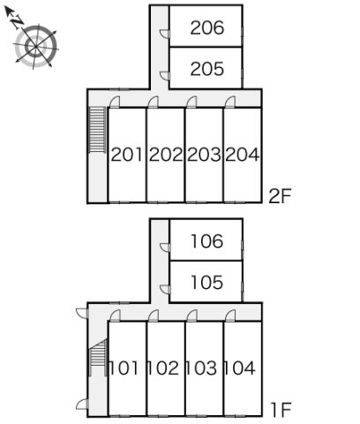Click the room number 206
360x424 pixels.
point(207,28)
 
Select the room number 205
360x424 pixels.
point(207,69)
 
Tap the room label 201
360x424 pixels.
point(127,155)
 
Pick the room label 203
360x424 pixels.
point(204,155)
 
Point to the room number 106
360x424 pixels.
point(207,241)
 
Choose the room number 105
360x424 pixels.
point(207,282)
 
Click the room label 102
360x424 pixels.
point(162,368)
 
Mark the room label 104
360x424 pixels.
point(239,368)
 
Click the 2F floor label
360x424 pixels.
point(280,196)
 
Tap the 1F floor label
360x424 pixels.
point(281,410)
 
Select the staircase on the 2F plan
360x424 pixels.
point(97,130)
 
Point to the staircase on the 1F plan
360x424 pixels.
point(98,357)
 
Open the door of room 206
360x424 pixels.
point(165,34)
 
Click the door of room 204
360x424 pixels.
point(230,102)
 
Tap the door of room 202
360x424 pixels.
point(154,102)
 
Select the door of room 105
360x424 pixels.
point(165,290)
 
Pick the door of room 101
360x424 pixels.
point(115,315)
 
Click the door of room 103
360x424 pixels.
point(191,315)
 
